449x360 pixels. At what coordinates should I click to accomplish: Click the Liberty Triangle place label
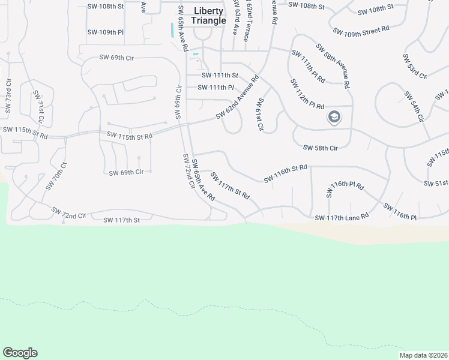click(208, 16)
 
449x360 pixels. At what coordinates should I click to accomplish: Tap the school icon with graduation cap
click(334, 118)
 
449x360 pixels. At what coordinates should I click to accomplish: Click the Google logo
click(20, 353)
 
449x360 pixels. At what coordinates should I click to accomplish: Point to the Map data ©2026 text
click(424, 355)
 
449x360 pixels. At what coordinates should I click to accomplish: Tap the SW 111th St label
click(220, 75)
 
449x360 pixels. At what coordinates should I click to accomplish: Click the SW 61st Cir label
click(261, 115)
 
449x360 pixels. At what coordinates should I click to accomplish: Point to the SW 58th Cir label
click(321, 148)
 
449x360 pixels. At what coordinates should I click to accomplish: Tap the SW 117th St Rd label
click(229, 185)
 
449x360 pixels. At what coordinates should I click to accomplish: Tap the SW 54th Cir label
click(414, 107)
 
